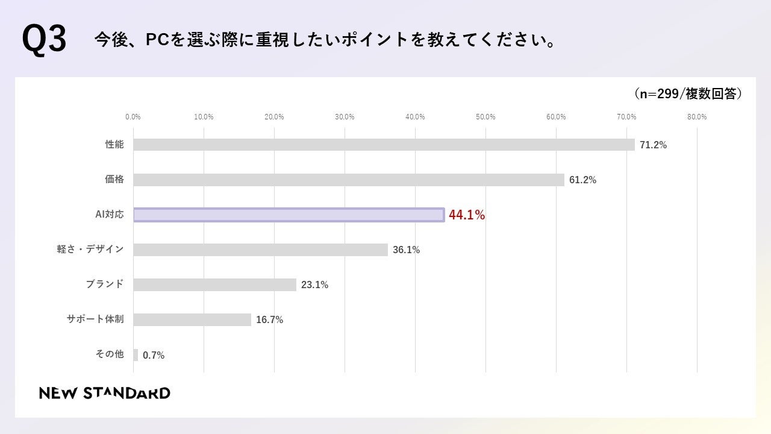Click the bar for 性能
(384, 145)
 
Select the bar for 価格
(349, 180)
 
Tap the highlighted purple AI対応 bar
(289, 215)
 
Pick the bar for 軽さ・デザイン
(260, 250)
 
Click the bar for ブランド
(214, 285)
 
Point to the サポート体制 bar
(192, 319)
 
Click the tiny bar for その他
(136, 355)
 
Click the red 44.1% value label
(467, 215)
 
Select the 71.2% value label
(653, 145)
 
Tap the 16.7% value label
(269, 320)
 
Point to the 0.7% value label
(154, 356)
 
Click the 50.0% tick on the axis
(485, 117)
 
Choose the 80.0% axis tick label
(697, 117)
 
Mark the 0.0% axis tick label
(133, 117)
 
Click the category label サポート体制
(95, 319)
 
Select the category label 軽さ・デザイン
(90, 249)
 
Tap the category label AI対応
(110, 214)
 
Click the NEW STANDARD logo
(105, 394)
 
